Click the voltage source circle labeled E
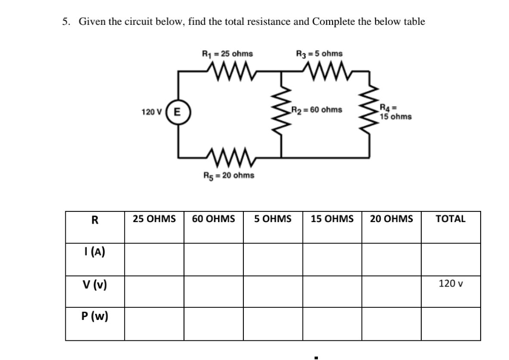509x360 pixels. click(178, 110)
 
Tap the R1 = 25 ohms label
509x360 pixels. click(228, 53)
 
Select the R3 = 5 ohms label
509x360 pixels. click(319, 53)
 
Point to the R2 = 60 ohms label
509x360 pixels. click(317, 110)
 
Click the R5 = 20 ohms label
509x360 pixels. click(228, 175)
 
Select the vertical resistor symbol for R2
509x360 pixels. click(282, 110)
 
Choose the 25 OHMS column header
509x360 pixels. click(154, 219)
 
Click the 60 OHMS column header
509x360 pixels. click(213, 219)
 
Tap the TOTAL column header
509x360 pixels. click(450, 219)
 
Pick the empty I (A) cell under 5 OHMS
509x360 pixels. click(273, 259)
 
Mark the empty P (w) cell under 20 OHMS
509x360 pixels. click(391, 323)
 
